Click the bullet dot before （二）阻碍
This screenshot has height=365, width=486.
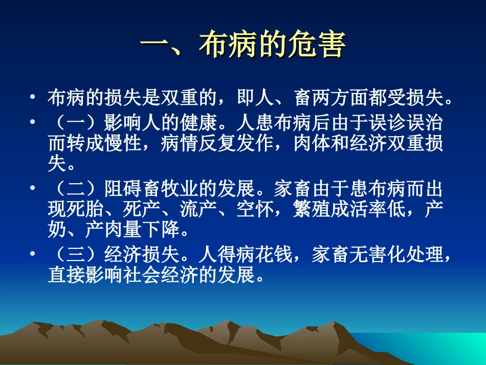tap(33, 188)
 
